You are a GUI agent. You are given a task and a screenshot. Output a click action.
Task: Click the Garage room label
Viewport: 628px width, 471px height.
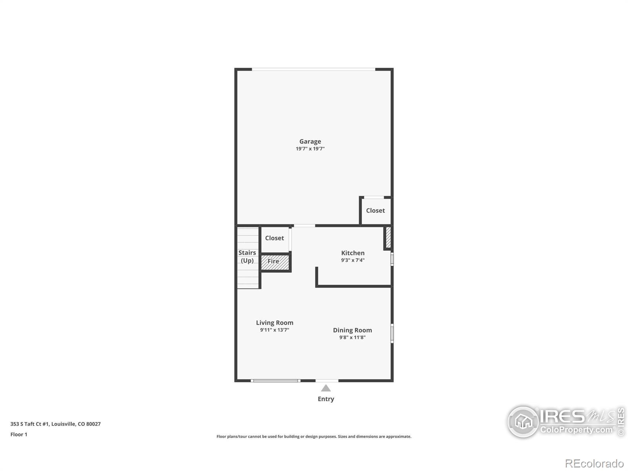point(310,141)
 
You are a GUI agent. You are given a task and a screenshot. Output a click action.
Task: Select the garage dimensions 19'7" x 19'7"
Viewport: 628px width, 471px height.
point(310,149)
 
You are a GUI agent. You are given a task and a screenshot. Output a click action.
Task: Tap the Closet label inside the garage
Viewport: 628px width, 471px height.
point(375,210)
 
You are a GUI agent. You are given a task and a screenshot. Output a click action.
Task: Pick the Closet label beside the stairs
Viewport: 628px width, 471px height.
point(274,238)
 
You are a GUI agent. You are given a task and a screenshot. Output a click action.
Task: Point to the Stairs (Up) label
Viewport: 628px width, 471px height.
point(247,257)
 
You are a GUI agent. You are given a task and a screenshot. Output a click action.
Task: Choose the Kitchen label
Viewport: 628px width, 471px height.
point(353,253)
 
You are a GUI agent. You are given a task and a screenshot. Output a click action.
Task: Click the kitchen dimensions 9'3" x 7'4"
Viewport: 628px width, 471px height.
point(353,260)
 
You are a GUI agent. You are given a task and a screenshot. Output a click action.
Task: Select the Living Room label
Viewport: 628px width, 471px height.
point(275,323)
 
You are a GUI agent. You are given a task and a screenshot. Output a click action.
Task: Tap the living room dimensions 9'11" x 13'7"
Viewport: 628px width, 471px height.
point(275,330)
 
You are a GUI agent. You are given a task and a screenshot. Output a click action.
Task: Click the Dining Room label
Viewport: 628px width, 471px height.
point(352,330)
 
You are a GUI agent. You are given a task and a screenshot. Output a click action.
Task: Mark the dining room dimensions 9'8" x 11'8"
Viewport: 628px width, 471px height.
point(352,337)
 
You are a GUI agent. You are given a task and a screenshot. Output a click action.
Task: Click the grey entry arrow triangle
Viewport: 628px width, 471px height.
point(326,388)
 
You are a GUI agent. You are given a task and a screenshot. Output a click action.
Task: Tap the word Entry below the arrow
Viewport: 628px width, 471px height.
point(326,399)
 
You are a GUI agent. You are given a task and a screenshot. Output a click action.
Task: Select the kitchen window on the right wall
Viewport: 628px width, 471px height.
point(392,259)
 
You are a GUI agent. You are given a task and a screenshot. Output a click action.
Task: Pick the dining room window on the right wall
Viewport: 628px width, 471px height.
point(392,333)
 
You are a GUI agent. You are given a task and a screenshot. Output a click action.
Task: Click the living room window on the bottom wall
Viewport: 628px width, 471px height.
point(275,380)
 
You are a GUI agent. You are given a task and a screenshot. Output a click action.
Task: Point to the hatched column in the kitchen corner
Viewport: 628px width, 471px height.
point(388,237)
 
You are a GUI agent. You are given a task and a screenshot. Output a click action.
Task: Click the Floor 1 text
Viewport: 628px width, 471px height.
point(19,434)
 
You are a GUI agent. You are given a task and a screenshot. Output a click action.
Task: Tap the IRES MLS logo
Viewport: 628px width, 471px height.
point(565,422)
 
